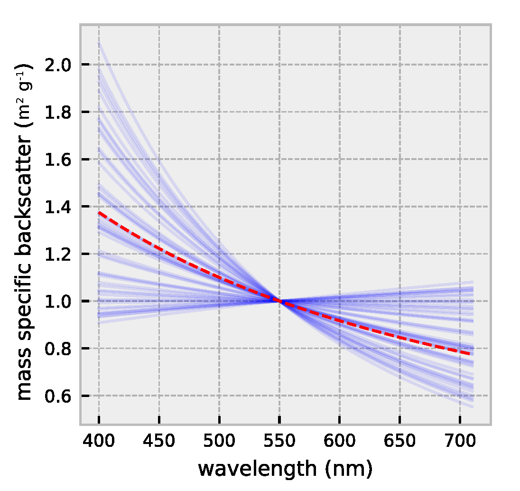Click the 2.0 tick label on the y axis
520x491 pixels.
click(57, 65)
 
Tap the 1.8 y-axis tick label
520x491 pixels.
click(57, 112)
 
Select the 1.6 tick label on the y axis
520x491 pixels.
click(57, 160)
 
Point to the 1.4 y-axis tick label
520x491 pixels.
click(57, 207)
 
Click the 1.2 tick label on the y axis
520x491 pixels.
click(57, 254)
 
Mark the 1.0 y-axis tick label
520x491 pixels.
click(57, 301)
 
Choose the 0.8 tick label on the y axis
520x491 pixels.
click(57, 349)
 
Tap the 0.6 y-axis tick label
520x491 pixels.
click(57, 396)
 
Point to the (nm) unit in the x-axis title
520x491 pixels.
click(349, 469)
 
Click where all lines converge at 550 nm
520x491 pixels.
click(279, 301)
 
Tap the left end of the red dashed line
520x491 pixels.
click(99, 213)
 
